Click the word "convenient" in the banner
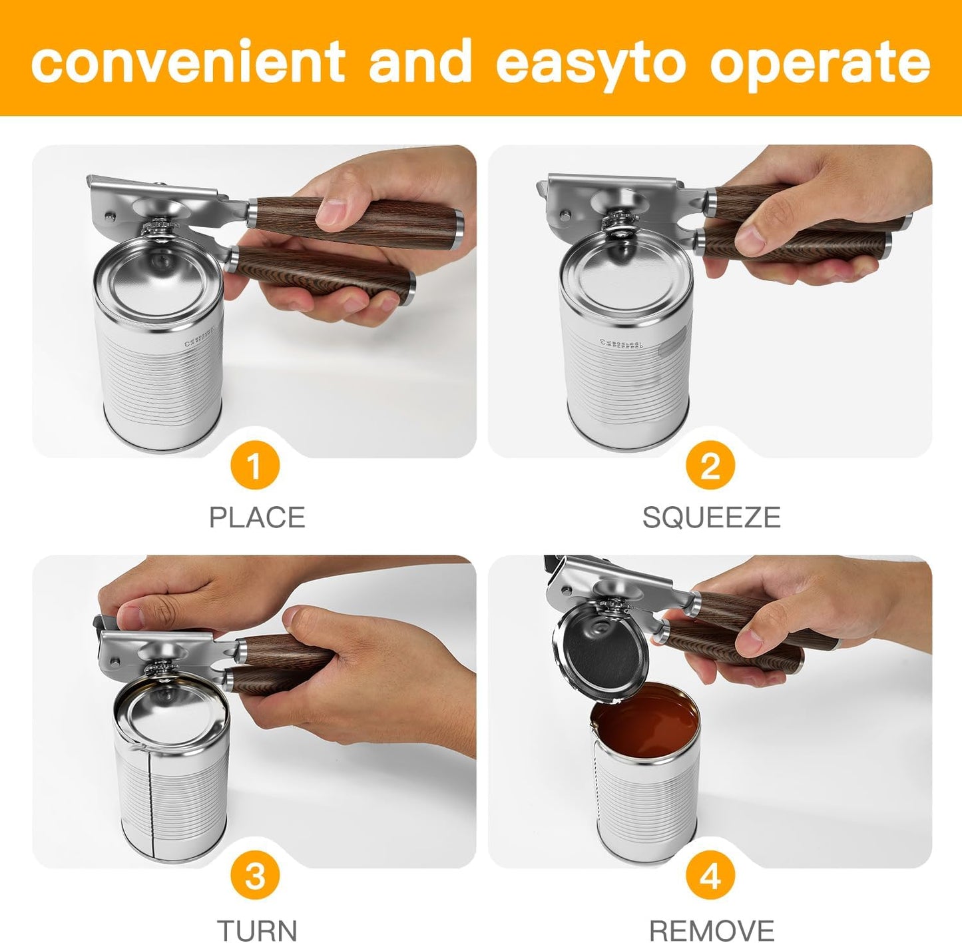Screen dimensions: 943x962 pos(188,61)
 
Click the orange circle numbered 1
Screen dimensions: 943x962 pos(254,467)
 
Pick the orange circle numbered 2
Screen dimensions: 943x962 pos(710,467)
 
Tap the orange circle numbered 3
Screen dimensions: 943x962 pos(254,876)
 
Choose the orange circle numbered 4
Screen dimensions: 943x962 pos(710,876)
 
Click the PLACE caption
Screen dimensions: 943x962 pos(257,517)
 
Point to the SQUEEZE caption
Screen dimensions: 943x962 pos(710,517)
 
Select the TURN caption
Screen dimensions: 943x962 pos(257,929)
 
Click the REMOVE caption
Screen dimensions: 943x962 pos(711,929)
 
